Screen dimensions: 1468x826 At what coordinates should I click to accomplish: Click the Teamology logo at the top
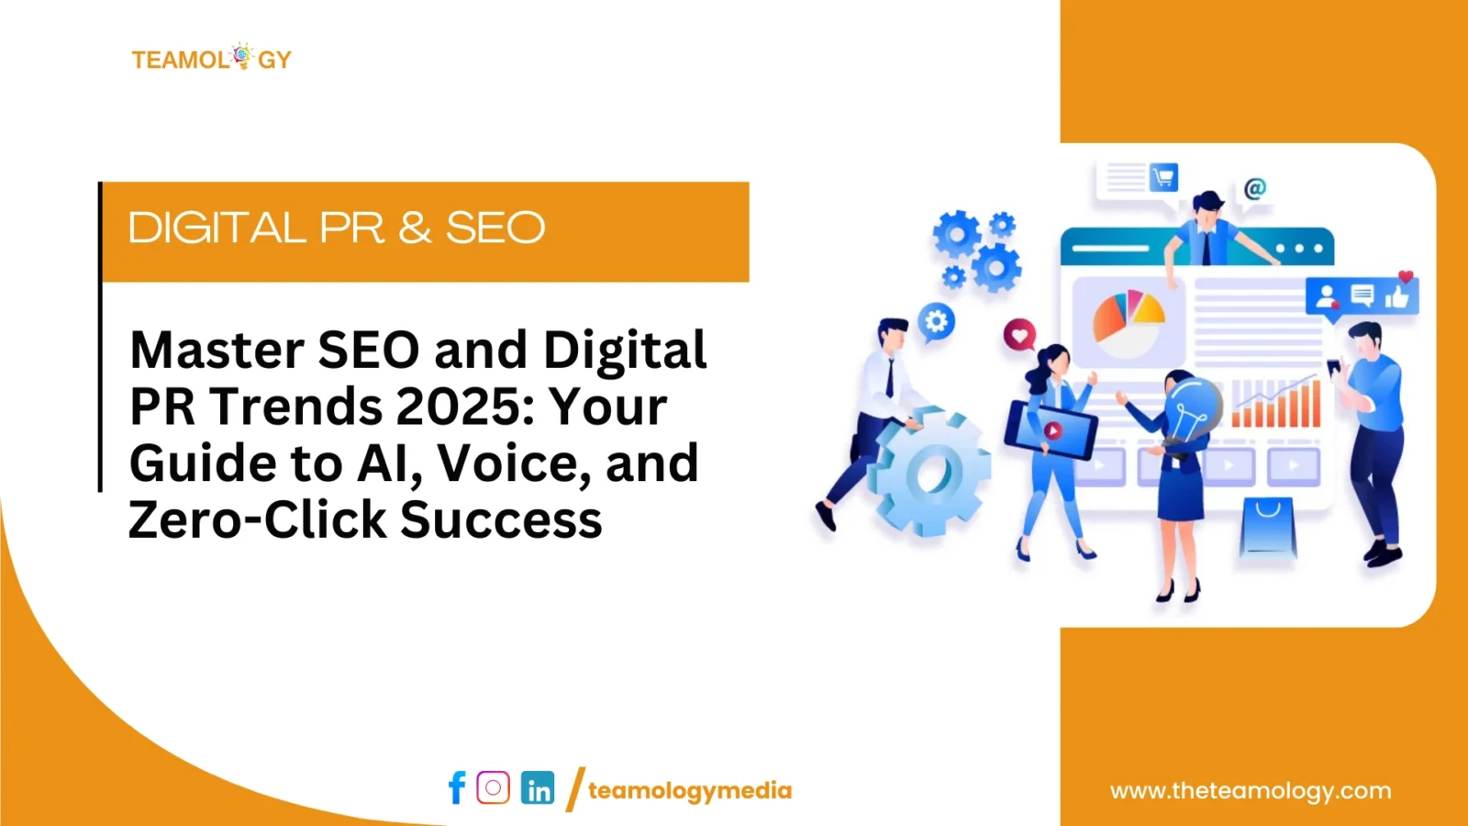tap(212, 58)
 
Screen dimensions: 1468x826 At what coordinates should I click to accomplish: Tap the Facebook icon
tap(457, 787)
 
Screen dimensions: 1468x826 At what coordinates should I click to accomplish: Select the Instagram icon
tap(493, 787)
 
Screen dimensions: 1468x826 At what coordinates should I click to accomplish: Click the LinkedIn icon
tap(538, 787)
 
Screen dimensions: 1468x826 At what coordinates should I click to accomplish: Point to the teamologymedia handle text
tap(690, 790)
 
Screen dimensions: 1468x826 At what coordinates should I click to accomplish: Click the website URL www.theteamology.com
tap(1251, 790)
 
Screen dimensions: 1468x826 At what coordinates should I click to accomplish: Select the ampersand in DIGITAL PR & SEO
tap(415, 228)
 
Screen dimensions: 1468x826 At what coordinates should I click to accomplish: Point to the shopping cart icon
tap(1163, 177)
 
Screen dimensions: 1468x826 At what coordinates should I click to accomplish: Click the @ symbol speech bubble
tap(1255, 189)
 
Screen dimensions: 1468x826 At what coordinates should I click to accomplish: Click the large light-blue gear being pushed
tap(929, 472)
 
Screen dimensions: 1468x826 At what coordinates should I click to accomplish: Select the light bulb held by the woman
tap(1193, 409)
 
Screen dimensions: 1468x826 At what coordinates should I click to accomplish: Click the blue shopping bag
tap(1268, 529)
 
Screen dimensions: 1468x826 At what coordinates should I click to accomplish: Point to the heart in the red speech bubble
tap(1019, 336)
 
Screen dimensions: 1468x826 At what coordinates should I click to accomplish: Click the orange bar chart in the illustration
tap(1275, 403)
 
